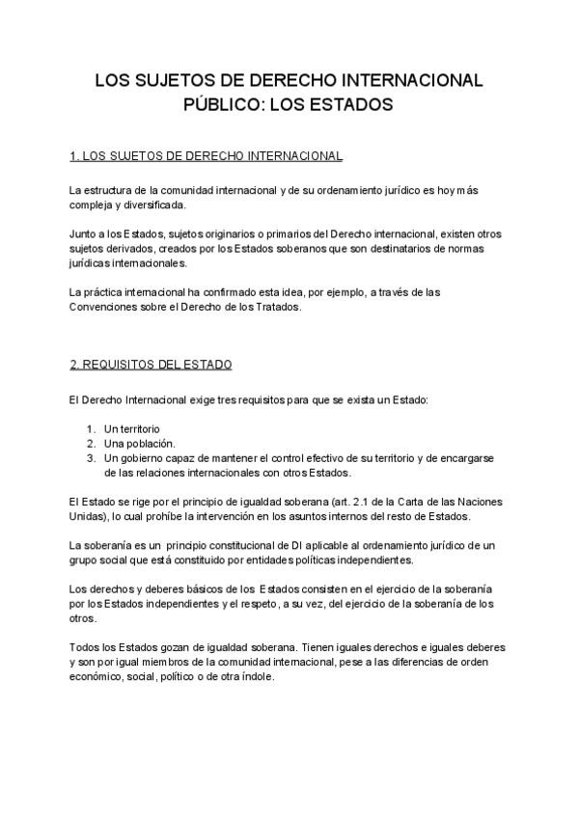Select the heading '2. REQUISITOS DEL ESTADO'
152,365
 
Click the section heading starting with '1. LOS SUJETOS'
207,155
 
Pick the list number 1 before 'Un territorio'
90,428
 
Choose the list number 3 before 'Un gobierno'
90,458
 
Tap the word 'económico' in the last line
96,676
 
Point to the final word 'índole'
257,676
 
